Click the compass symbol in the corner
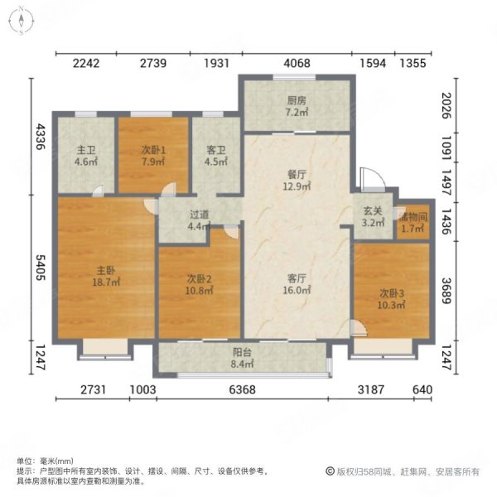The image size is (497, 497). coord(22,22)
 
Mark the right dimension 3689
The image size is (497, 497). coord(446,291)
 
